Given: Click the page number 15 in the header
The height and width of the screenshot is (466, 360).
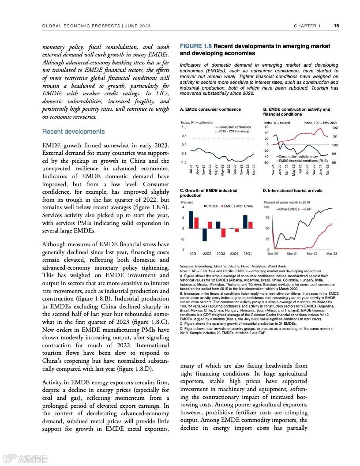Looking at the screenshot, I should (336, 26).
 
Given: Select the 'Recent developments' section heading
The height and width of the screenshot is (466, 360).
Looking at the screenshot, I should (73, 132).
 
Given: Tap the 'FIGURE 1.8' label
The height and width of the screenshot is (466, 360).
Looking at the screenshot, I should (196, 46).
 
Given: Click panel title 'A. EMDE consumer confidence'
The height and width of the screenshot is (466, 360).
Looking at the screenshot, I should (210, 109).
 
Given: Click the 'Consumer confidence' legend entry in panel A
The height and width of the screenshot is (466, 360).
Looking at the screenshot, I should (235, 127).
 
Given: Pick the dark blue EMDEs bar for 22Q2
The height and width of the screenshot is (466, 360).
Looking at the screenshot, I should (204, 234).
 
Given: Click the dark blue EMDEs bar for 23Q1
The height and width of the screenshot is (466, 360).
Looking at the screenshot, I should (245, 222).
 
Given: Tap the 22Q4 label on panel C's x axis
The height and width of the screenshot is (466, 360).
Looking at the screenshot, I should (234, 254).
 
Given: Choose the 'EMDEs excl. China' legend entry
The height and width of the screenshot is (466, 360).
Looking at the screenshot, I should (238, 206).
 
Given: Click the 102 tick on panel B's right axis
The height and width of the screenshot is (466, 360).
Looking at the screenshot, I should (334, 128).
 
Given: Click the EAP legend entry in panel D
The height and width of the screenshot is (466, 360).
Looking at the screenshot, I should (307, 209).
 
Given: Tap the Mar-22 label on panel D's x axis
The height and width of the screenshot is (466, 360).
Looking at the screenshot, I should (312, 254).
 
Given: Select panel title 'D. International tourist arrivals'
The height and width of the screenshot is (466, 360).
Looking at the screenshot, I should (292, 191).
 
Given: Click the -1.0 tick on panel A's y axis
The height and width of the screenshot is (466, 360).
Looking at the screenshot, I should (184, 162).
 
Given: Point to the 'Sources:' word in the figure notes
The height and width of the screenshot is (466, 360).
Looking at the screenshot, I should (187, 267).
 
